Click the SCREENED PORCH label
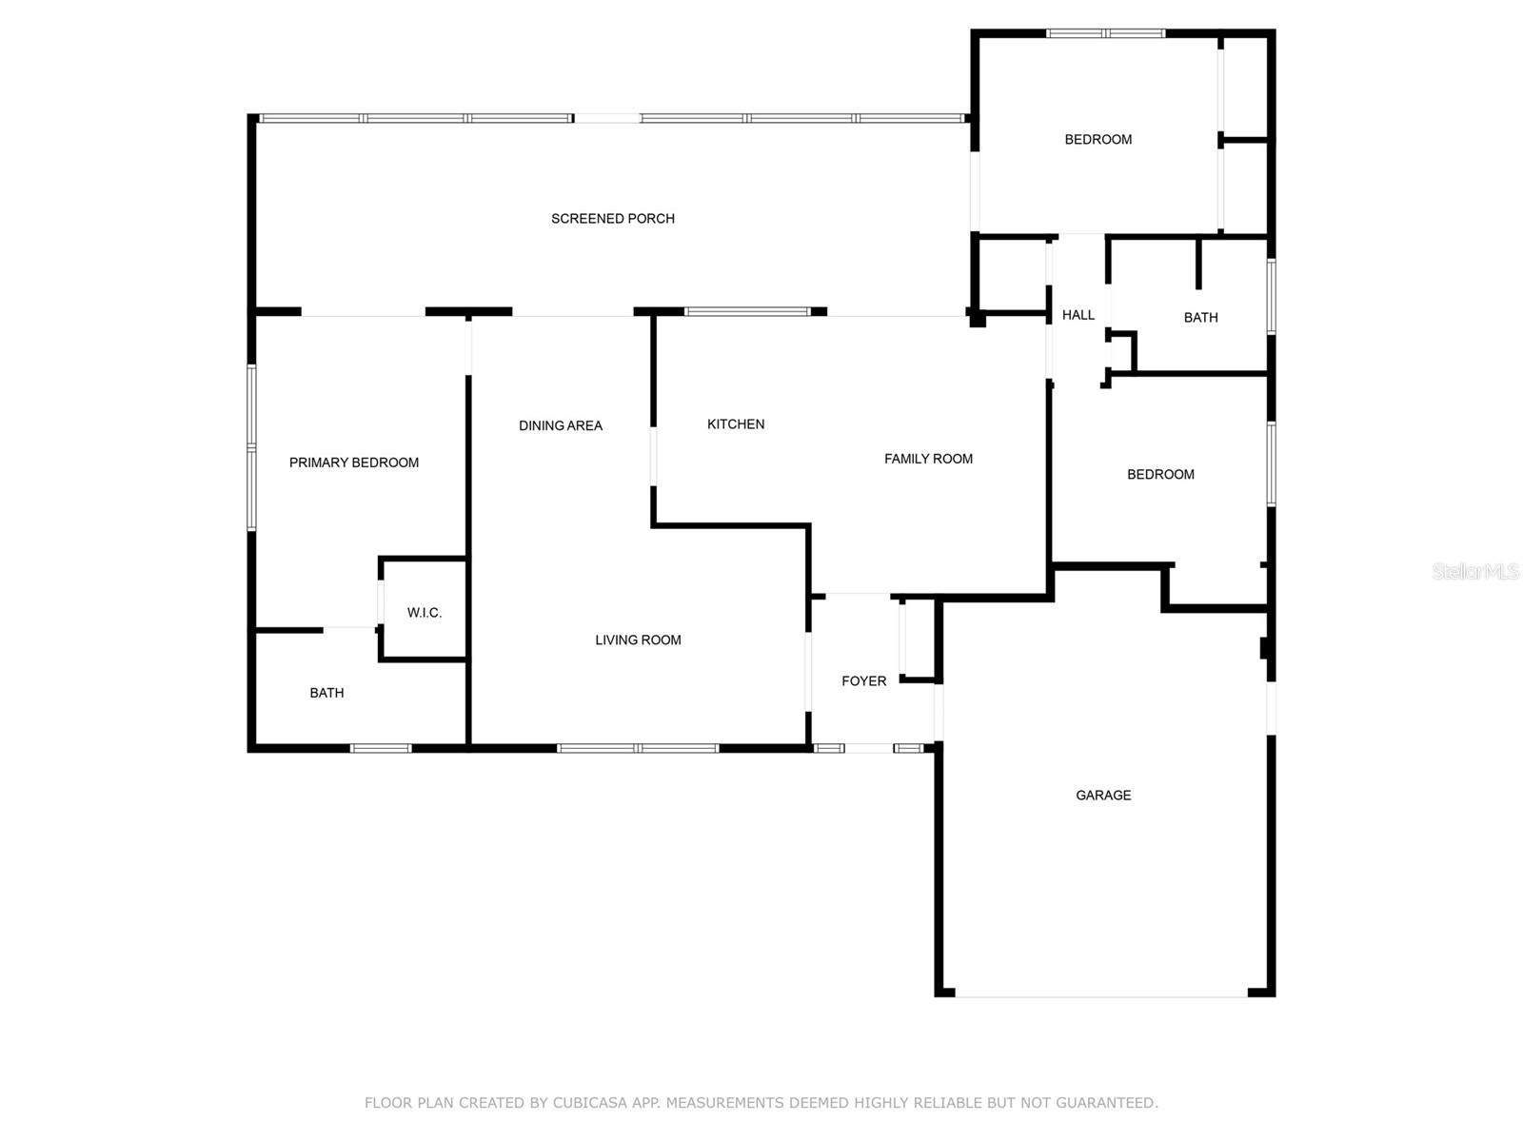pyautogui.click(x=613, y=219)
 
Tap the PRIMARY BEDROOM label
pyautogui.click(x=354, y=463)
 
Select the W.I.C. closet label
pyautogui.click(x=425, y=613)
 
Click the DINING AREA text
pyautogui.click(x=561, y=425)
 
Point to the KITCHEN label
pyautogui.click(x=736, y=424)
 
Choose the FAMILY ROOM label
pyautogui.click(x=928, y=459)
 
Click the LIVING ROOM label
pyautogui.click(x=638, y=640)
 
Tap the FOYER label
pyautogui.click(x=863, y=681)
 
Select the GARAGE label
pyautogui.click(x=1103, y=796)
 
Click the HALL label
pyautogui.click(x=1078, y=315)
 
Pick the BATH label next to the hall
pyautogui.click(x=1200, y=318)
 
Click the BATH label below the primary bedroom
pyautogui.click(x=326, y=693)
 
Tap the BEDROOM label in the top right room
pyautogui.click(x=1098, y=140)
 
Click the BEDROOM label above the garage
pyautogui.click(x=1160, y=475)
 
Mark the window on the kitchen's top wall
pyautogui.click(x=748, y=311)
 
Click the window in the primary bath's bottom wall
pyautogui.click(x=381, y=748)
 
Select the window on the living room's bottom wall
pyautogui.click(x=638, y=748)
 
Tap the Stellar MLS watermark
pyautogui.click(x=1474, y=571)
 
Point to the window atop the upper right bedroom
pyautogui.click(x=1105, y=33)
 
